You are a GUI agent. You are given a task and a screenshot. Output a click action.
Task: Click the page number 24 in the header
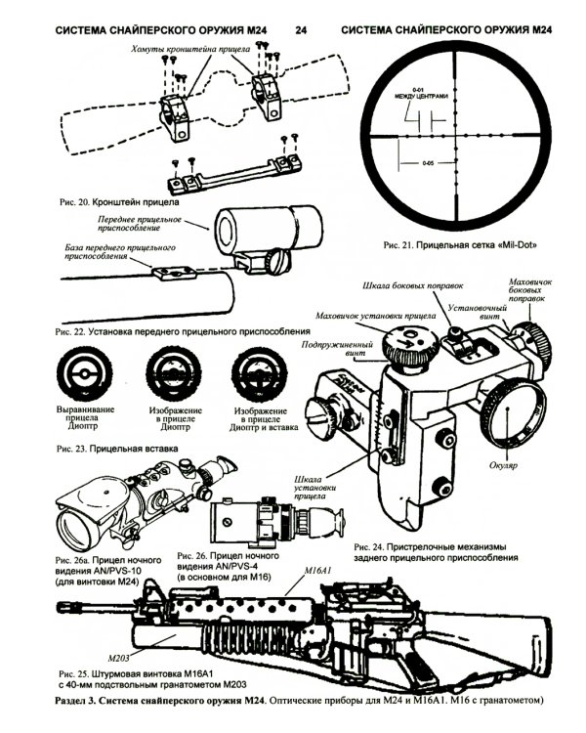(300, 30)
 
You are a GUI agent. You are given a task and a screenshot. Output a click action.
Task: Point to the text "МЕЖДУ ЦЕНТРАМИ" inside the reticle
(423, 96)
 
